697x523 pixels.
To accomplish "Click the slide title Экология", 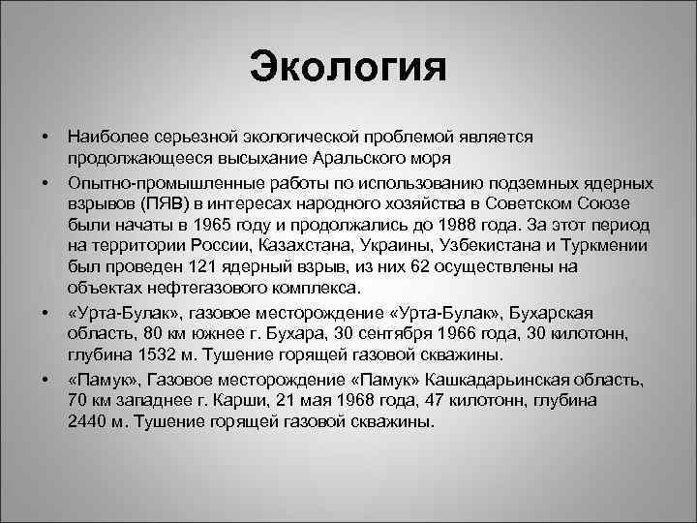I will point(348,67).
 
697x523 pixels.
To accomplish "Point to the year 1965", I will point(235,225).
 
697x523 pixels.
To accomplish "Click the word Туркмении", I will point(620,246).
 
